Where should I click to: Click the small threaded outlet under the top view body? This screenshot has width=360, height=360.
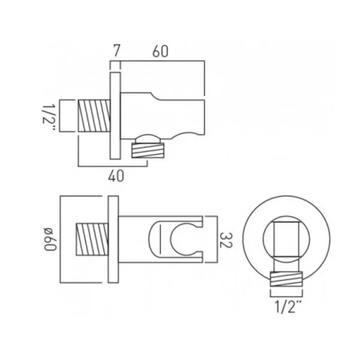tap(147, 149)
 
